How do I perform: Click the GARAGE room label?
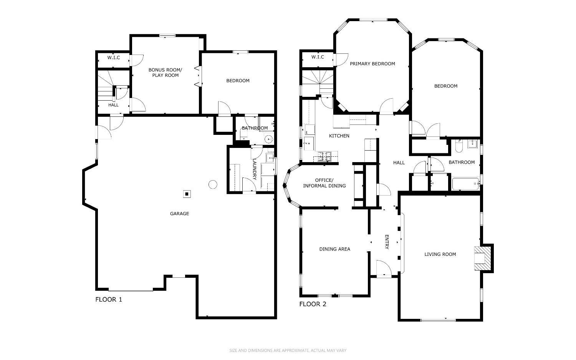[179, 214]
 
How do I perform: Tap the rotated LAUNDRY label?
[254, 170]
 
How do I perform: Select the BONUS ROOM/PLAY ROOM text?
[166, 73]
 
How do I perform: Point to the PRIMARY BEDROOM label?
[372, 64]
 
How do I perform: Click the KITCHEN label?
[339, 136]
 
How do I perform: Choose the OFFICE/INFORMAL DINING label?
[324, 183]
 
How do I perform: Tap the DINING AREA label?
[334, 249]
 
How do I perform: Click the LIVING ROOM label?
[440, 254]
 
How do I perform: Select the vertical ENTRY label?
[387, 242]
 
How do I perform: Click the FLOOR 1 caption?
[109, 299]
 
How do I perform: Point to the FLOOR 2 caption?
[313, 304]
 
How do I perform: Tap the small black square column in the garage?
[187, 194]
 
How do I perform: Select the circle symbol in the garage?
[213, 184]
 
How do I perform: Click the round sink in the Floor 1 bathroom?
[268, 139]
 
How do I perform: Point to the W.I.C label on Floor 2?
[318, 57]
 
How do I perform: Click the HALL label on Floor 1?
[113, 105]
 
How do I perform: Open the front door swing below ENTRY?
[383, 269]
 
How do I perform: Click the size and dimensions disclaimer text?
[288, 350]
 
